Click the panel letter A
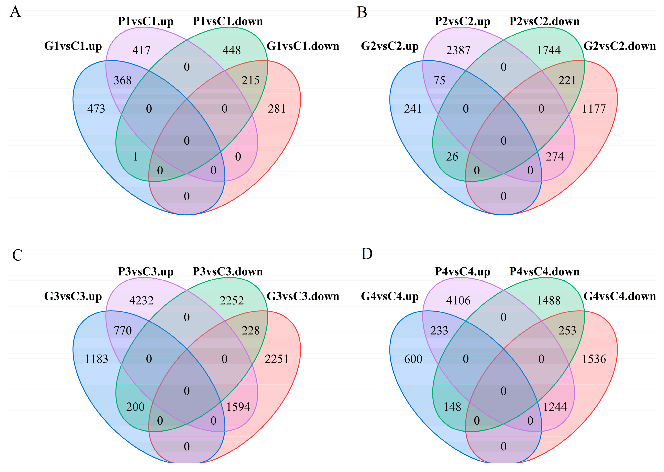(15, 12)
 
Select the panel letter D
(367, 254)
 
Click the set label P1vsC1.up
(146, 22)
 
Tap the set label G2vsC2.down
(620, 46)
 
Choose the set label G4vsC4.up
(390, 296)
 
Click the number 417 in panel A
(141, 50)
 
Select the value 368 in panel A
(122, 80)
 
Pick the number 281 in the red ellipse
(276, 109)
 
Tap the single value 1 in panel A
(135, 157)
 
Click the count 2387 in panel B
(458, 50)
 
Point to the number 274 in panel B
(555, 157)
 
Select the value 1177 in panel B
(594, 109)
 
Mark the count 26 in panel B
(452, 157)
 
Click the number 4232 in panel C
(141, 301)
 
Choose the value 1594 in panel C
(238, 407)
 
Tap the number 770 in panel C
(123, 331)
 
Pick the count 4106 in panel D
(458, 301)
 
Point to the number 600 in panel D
(413, 359)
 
